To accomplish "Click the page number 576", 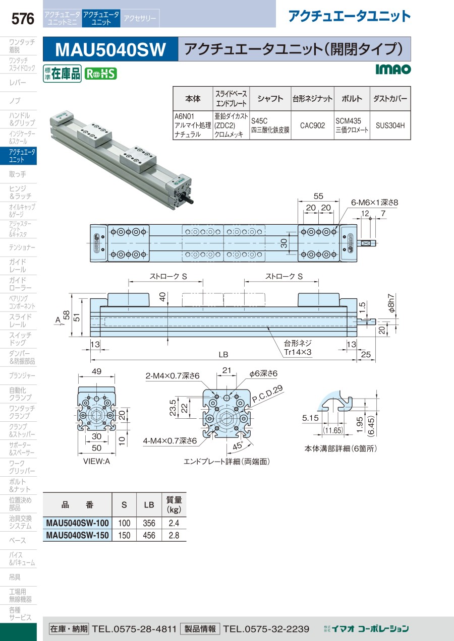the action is [x=23, y=19].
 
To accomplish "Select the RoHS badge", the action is [x=100, y=74].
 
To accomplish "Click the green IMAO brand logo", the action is [x=393, y=69].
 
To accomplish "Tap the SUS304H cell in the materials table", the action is [x=390, y=125].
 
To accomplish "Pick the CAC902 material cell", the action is [x=312, y=125].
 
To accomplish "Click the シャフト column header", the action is [x=270, y=99].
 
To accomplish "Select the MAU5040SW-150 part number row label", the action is [x=77, y=535].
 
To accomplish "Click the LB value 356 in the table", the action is [x=149, y=523].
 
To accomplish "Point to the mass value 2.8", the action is [x=174, y=535].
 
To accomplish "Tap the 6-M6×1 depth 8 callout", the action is [x=374, y=203].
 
